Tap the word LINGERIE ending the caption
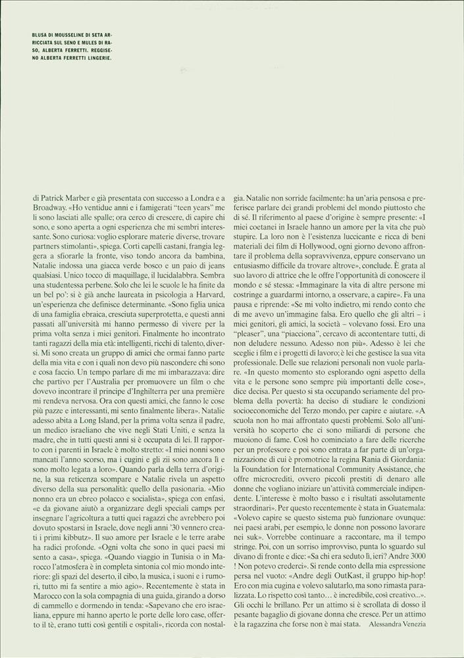coord(96,57)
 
